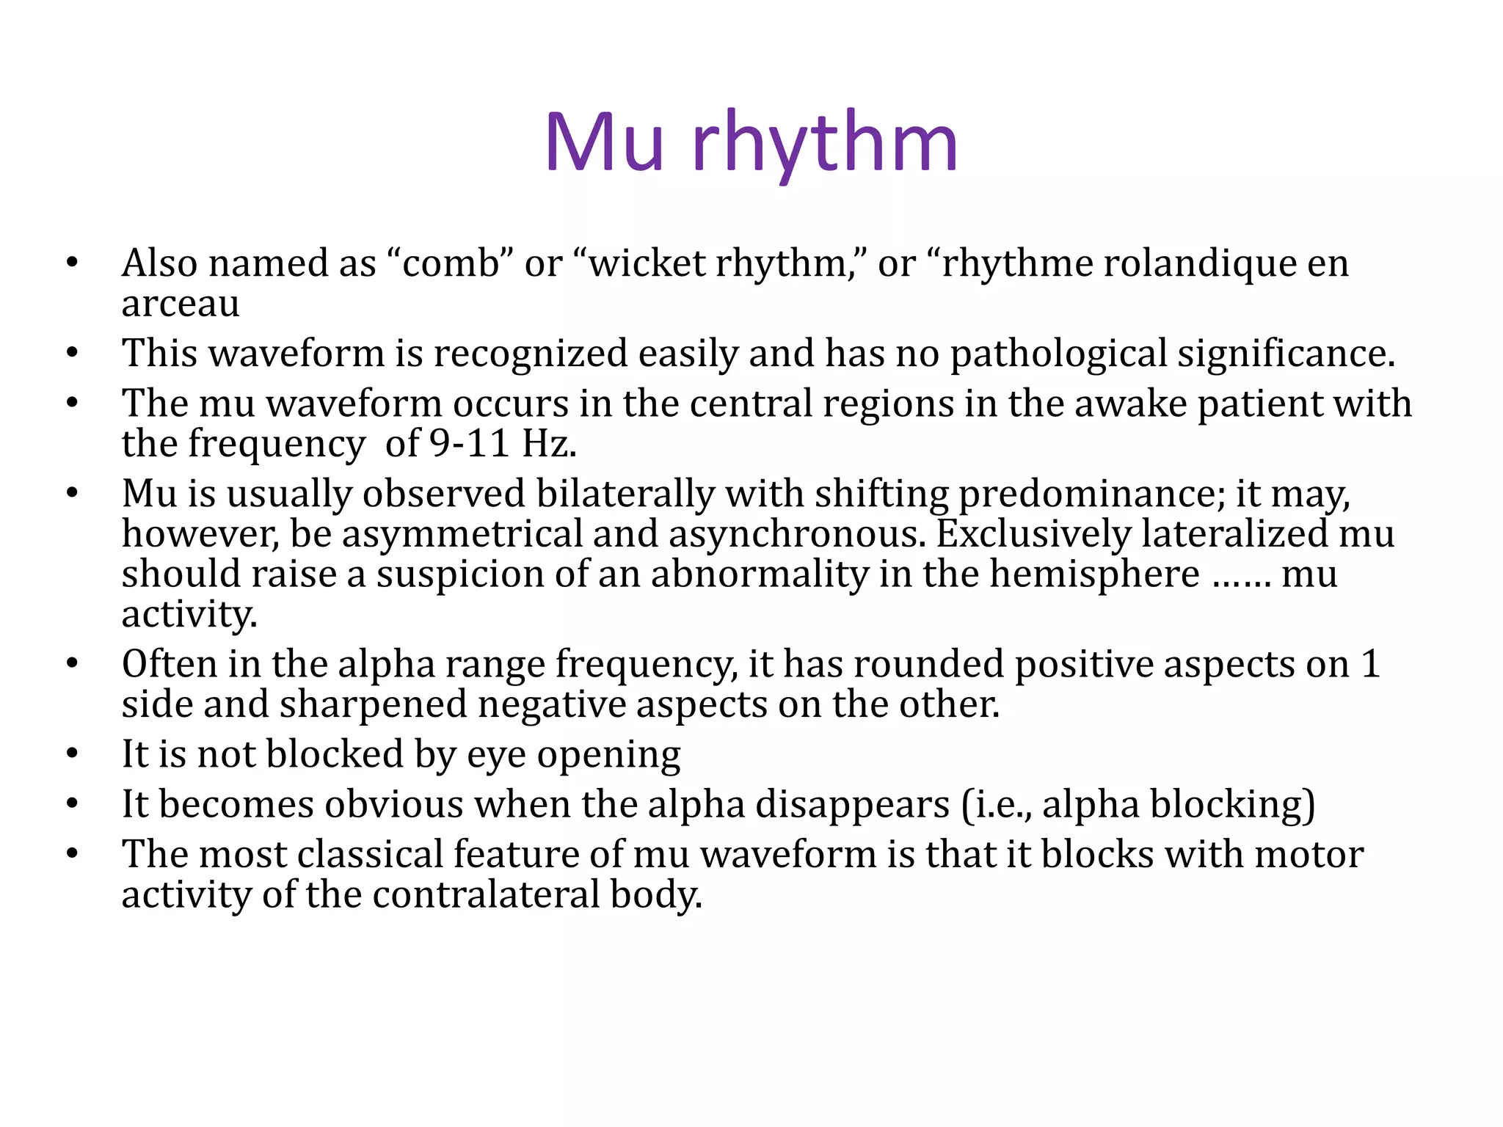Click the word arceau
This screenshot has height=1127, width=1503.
tap(181, 304)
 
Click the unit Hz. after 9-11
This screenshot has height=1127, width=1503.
tap(549, 443)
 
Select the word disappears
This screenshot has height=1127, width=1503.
tap(852, 804)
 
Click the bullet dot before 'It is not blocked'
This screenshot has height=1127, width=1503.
tap(71, 754)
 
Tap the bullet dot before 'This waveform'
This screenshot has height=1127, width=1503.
tap(71, 354)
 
